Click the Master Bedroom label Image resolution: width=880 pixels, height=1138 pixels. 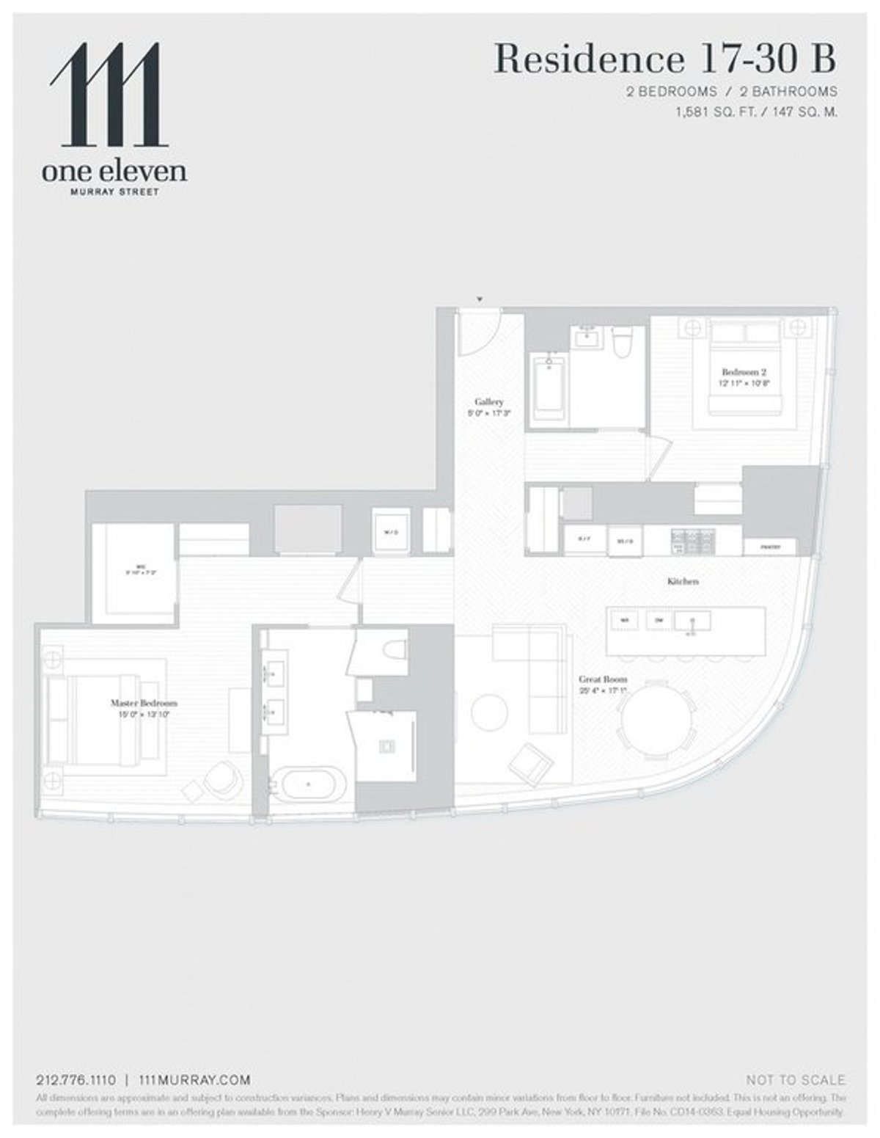[144, 702]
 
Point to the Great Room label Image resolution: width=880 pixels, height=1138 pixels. [603, 679]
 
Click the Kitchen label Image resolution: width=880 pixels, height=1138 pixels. [683, 581]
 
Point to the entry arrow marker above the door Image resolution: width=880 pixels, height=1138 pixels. [480, 299]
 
